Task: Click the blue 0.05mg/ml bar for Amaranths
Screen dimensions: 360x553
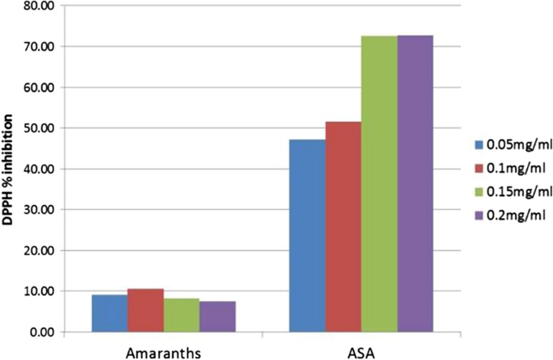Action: (x=109, y=313)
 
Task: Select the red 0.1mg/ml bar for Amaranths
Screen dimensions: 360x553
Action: (x=145, y=310)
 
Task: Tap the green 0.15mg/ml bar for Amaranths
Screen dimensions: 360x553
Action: (x=182, y=315)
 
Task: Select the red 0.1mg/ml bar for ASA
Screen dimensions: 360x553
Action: (x=343, y=227)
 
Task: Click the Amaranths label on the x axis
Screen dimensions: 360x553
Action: (x=163, y=351)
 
